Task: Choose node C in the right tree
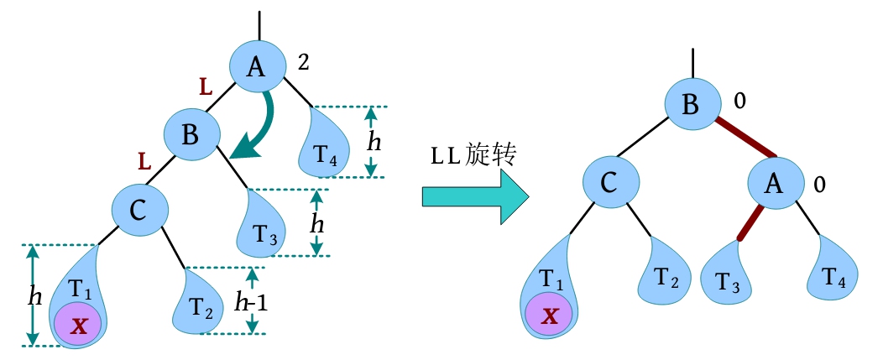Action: pyautogui.click(x=612, y=185)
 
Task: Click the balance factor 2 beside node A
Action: pyautogui.click(x=305, y=61)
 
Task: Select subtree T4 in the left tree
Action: pyautogui.click(x=325, y=149)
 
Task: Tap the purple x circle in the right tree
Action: pyautogui.click(x=549, y=315)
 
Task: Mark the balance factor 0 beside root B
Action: pyautogui.click(x=739, y=101)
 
